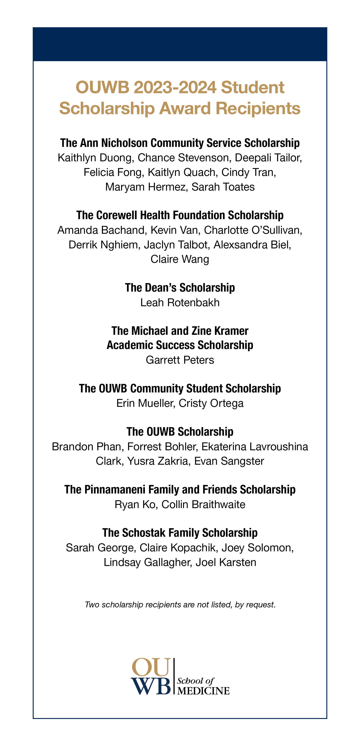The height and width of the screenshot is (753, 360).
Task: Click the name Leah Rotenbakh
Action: pos(180,303)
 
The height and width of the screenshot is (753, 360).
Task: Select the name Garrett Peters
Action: pos(180,360)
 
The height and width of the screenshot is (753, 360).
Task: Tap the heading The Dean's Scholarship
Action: pos(180,288)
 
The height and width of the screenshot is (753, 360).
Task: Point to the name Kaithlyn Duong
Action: pos(95,158)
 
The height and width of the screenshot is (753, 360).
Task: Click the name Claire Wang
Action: pos(180,259)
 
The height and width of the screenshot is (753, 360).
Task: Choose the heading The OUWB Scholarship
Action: pos(180,432)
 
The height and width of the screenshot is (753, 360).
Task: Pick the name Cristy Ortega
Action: pos(211,403)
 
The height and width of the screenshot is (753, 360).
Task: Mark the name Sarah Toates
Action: pos(223,187)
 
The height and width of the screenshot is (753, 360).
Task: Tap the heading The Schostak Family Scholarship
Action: pos(180,533)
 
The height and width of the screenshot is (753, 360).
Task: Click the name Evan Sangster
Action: pos(229,461)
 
